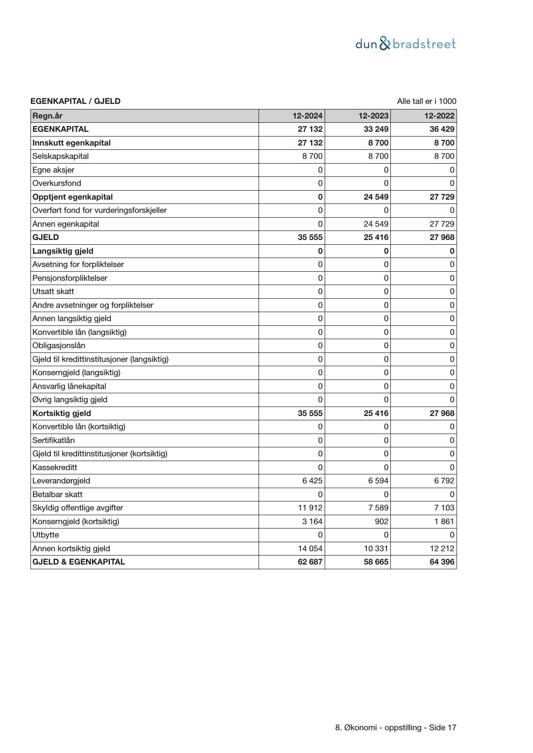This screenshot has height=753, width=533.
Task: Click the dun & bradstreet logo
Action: [405, 44]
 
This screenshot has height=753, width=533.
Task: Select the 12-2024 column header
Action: [308, 115]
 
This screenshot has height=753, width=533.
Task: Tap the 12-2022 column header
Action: [439, 115]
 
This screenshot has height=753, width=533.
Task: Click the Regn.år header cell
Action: [48, 115]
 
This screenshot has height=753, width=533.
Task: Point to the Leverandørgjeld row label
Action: [61, 481]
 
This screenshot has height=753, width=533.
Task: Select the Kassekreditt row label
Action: [55, 467]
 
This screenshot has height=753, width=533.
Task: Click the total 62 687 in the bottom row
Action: [310, 562]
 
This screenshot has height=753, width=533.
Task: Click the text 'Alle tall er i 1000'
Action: [426, 101]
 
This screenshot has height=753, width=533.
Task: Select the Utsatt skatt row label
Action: [53, 291]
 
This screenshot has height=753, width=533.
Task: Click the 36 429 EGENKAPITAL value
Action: [442, 129]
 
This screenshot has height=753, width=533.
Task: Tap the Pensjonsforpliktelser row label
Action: [70, 278]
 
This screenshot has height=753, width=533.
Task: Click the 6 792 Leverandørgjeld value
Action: [444, 481]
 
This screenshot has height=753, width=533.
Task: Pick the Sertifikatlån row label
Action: [54, 440]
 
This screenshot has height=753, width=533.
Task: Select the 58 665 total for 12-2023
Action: [376, 562]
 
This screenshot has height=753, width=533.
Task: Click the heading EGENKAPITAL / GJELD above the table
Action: [76, 101]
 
